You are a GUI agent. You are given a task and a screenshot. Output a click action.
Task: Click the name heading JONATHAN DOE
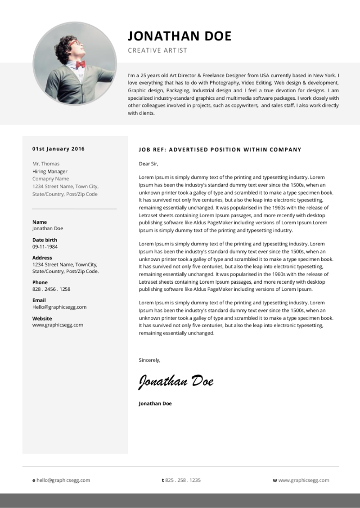click(180, 36)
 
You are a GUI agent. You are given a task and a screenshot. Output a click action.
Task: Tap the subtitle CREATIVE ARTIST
click(157, 50)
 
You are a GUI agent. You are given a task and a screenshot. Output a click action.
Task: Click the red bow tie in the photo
click(81, 64)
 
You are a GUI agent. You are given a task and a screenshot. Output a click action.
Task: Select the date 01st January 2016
click(58, 149)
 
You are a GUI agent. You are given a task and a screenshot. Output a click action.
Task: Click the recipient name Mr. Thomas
click(46, 164)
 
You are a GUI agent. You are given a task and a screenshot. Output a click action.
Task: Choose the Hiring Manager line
click(50, 171)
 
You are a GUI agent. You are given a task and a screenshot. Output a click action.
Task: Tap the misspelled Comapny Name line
click(50, 179)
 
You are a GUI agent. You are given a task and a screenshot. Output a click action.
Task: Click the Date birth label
click(45, 240)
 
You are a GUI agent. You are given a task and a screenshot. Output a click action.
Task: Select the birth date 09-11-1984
click(45, 247)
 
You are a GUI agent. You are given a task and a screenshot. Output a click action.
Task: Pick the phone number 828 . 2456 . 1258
click(51, 289)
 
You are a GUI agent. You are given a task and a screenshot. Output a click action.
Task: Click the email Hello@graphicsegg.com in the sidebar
click(59, 307)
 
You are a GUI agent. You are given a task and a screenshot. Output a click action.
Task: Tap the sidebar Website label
click(42, 318)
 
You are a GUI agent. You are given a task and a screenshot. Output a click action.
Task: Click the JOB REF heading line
click(220, 150)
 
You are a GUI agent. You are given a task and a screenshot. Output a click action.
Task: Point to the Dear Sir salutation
click(148, 164)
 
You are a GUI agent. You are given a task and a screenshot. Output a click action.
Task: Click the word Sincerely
click(149, 360)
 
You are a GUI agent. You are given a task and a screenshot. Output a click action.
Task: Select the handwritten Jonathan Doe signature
click(176, 381)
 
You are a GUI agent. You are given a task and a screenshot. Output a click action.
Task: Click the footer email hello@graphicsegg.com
click(63, 480)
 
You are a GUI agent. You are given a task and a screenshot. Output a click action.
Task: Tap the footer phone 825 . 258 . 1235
click(183, 480)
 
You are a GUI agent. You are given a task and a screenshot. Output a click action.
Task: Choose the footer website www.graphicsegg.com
click(304, 480)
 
